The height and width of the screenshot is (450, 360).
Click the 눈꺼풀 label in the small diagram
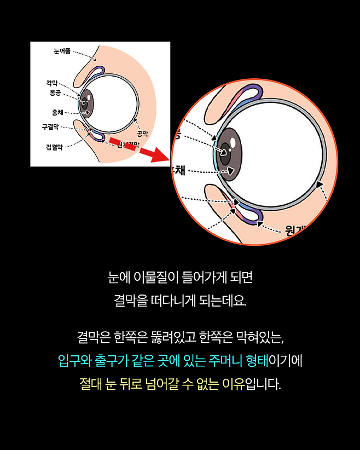click(x=61, y=51)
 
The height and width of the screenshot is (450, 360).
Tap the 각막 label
click(x=53, y=83)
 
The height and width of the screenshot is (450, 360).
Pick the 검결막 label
click(x=54, y=147)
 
